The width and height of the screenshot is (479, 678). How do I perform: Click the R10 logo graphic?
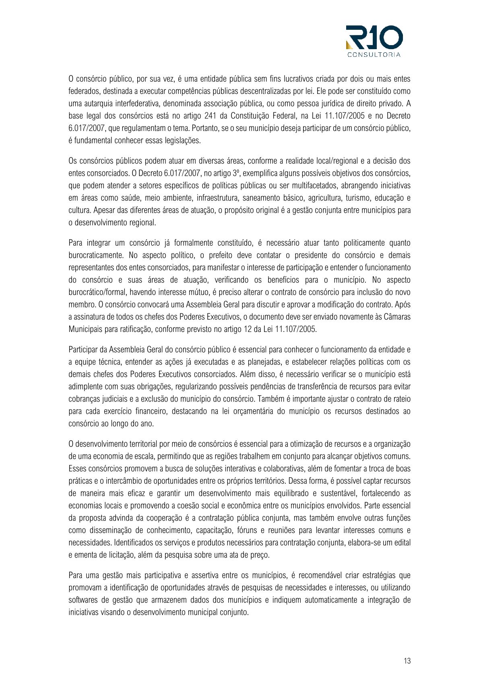pos(374,38)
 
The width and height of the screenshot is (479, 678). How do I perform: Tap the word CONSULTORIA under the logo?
pos(374,55)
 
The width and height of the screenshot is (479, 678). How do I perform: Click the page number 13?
pos(407,661)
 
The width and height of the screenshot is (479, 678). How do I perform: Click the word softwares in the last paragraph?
pos(83,600)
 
